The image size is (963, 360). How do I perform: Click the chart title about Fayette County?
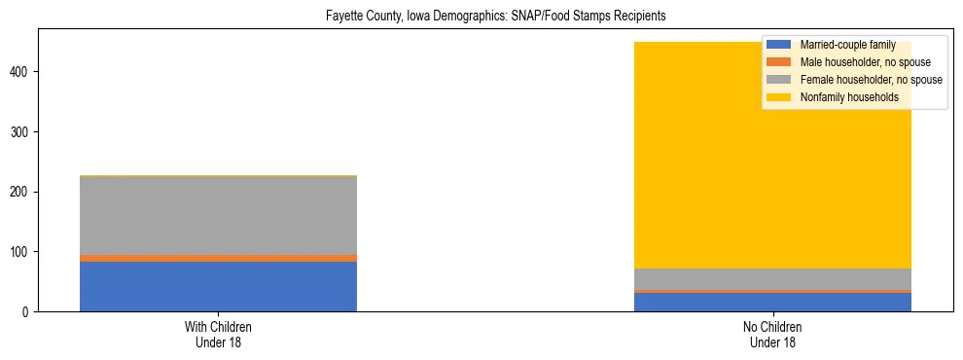(x=481, y=17)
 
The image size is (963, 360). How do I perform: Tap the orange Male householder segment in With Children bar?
(x=218, y=258)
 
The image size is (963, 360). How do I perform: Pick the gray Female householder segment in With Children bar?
(x=218, y=215)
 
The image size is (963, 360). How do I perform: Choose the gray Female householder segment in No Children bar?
(x=772, y=278)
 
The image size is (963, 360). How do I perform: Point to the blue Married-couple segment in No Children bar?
(x=772, y=302)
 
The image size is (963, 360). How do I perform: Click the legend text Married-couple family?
(x=847, y=46)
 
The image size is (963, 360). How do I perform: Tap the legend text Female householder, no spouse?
(x=871, y=80)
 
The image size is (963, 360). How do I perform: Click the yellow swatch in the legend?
(x=779, y=97)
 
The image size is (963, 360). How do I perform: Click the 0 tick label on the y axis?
(x=29, y=311)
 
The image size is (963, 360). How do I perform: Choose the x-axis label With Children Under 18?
(x=218, y=335)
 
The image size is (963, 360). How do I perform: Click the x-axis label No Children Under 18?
(x=772, y=335)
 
